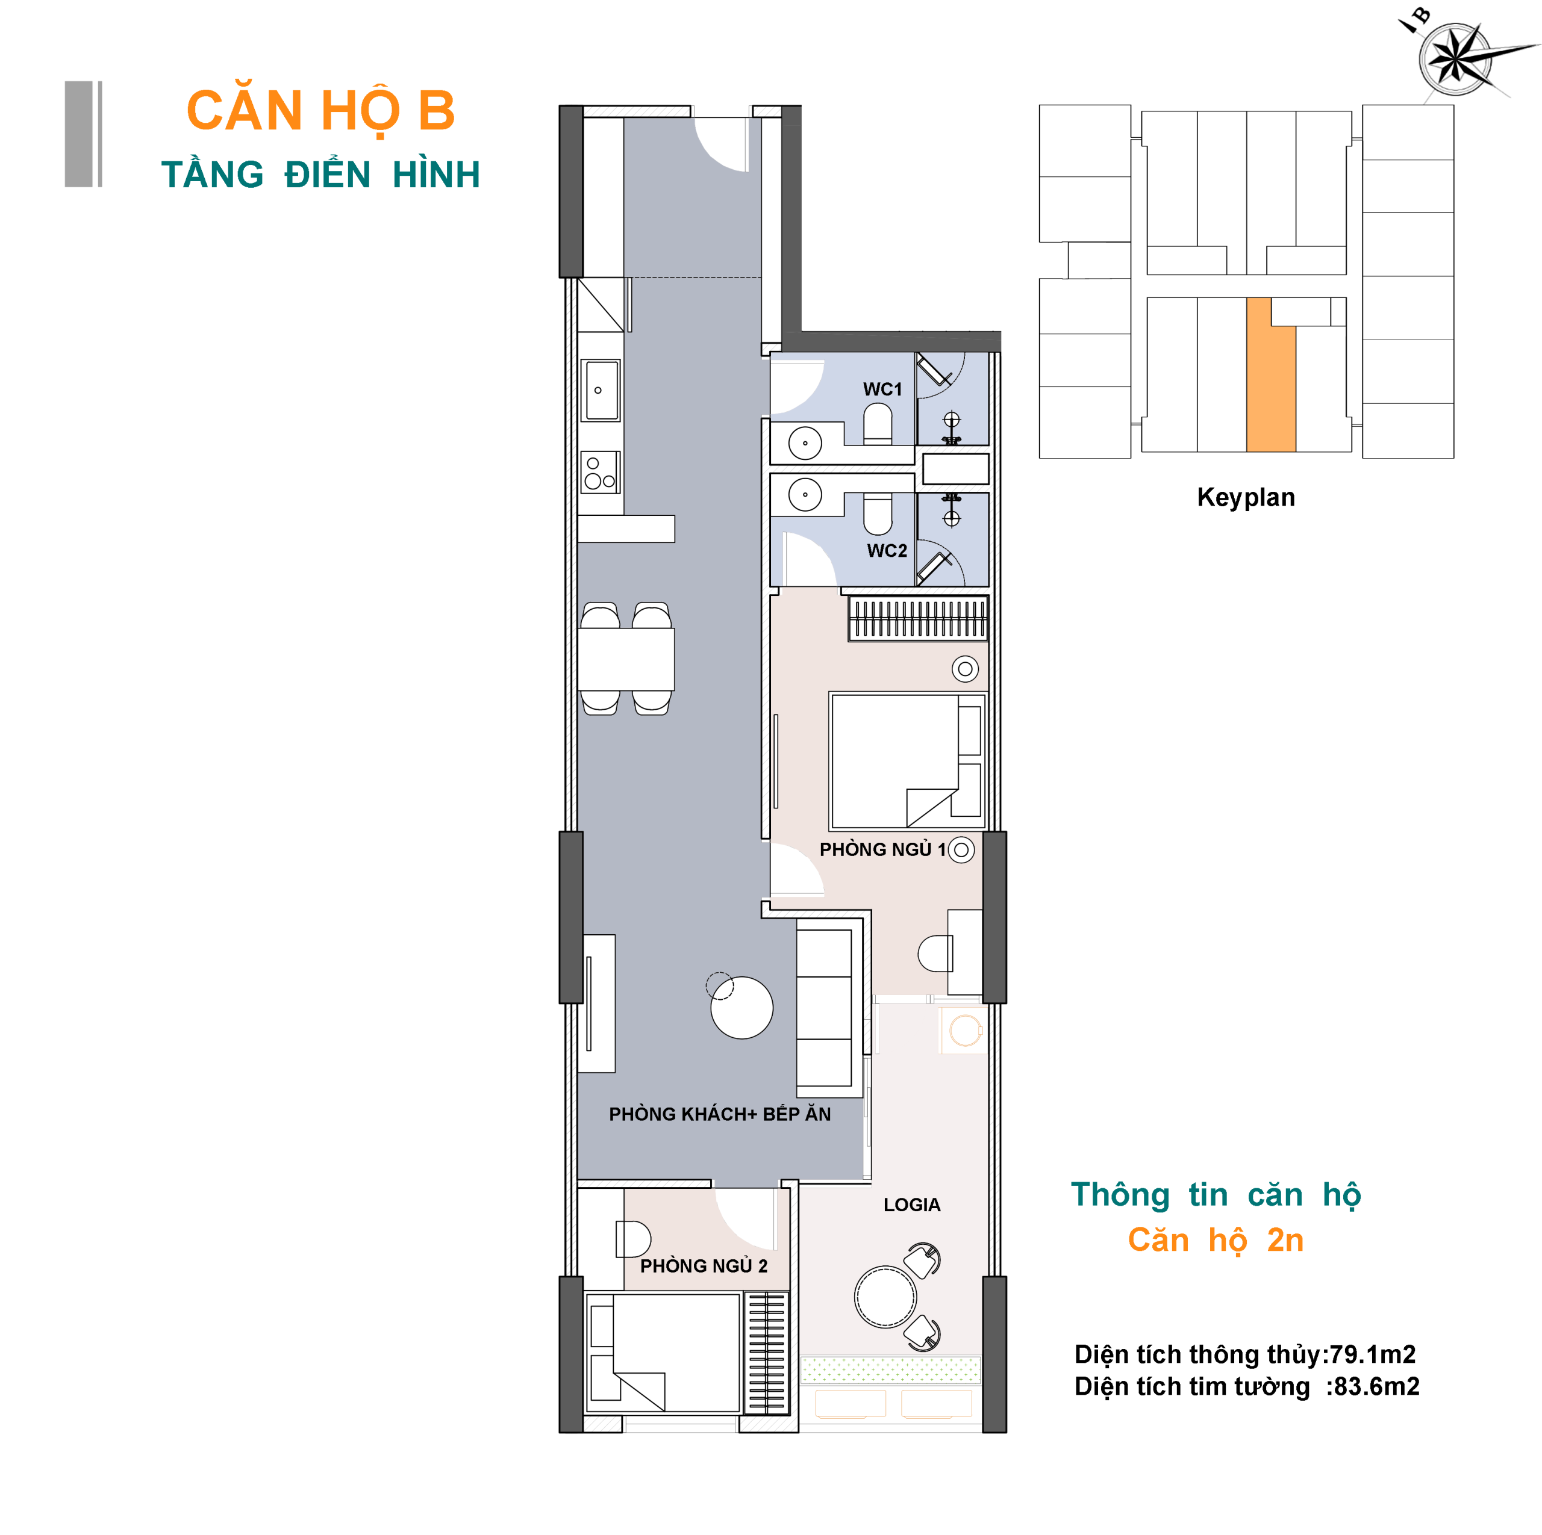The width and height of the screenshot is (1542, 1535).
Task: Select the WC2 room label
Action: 887,551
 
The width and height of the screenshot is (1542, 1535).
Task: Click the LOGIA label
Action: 911,1205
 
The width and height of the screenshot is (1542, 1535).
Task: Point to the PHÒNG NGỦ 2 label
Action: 704,1266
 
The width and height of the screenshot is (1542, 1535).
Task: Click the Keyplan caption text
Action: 1246,497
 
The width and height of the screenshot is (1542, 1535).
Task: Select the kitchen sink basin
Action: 601,390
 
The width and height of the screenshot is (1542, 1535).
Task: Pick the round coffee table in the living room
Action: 741,1008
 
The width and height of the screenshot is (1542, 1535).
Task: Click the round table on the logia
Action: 885,1297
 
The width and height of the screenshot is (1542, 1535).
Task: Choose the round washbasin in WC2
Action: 805,495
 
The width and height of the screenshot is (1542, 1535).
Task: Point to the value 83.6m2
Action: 1377,1386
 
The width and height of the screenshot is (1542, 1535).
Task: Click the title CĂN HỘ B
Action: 321,111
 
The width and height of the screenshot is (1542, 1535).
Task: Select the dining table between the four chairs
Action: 626,659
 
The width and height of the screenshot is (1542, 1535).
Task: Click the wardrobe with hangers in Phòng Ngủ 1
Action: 918,618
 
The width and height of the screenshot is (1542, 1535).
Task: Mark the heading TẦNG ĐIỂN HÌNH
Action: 321,175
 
